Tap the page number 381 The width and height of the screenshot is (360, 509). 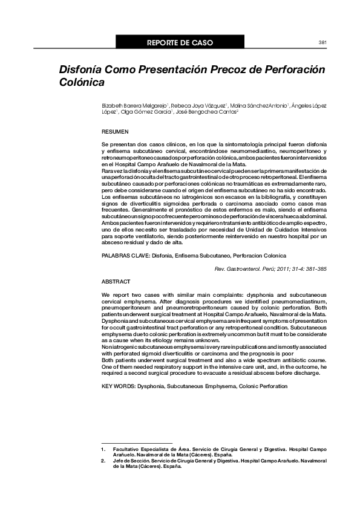tap(322, 43)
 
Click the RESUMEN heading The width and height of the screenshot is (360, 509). tap(115, 131)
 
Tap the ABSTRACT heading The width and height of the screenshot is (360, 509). tap(116, 282)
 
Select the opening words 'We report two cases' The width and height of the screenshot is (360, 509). tap(128, 294)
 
